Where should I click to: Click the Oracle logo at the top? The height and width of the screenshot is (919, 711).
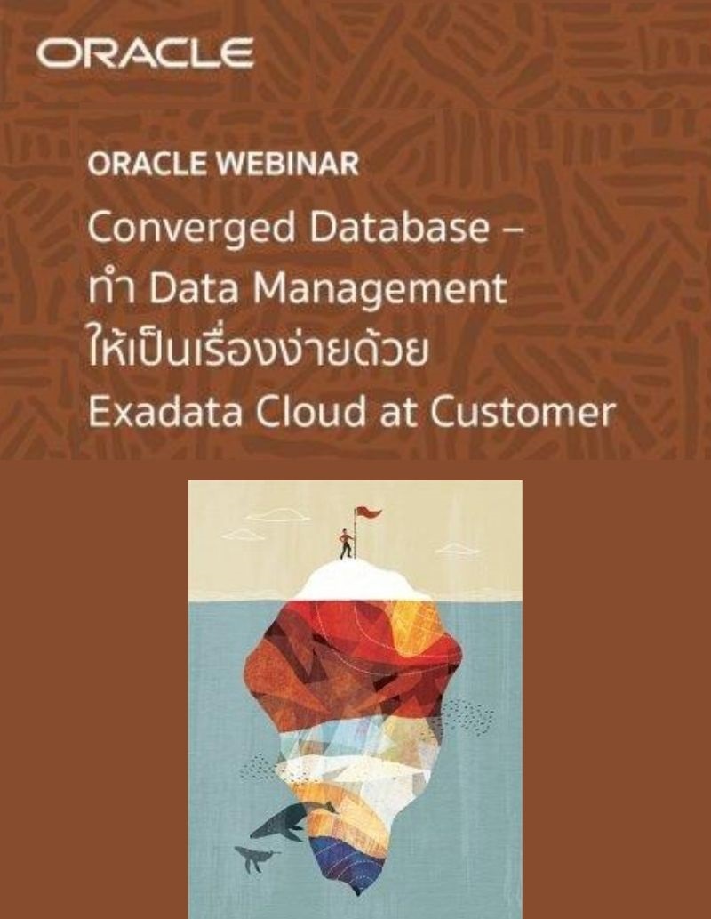[x=145, y=54]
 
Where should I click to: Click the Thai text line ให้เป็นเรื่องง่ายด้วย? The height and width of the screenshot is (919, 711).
[x=259, y=350]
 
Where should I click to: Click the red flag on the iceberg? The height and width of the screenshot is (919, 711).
[x=367, y=513]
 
